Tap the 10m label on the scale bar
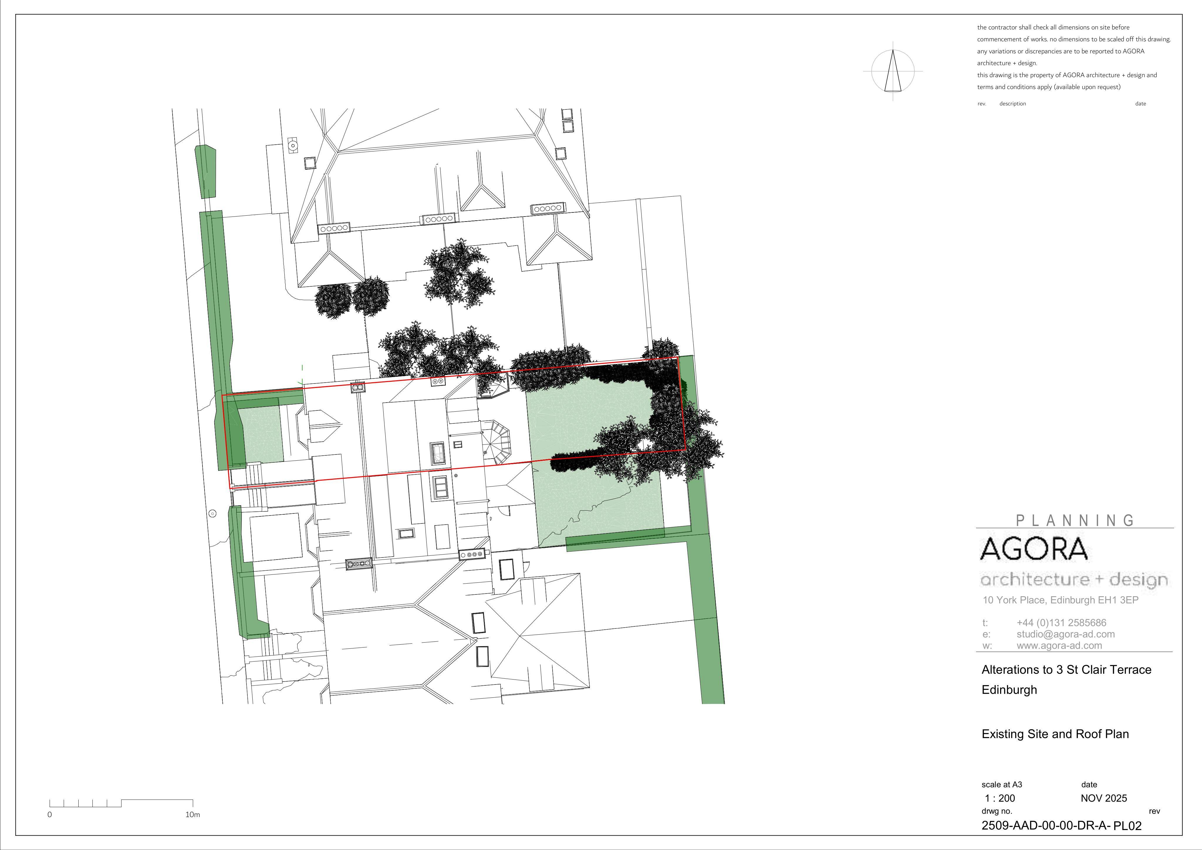193,814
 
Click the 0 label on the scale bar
50,814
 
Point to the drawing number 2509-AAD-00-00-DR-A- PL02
1061,826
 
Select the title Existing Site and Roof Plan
1055,734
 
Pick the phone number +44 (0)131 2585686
1061,623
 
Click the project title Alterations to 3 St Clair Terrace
1066,670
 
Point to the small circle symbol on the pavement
212,513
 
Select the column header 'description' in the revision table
1012,104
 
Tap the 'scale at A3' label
1002,785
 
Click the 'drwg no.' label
997,811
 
